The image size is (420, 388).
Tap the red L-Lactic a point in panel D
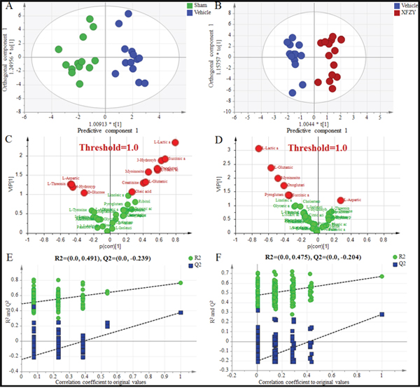[x=259, y=148]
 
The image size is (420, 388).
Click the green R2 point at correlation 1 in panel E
[x=181, y=283]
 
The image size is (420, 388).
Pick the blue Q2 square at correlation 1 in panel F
[x=381, y=314]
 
